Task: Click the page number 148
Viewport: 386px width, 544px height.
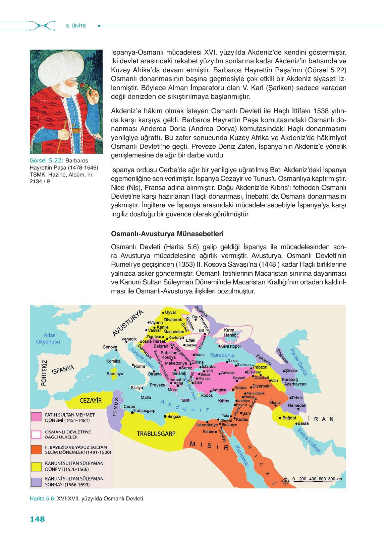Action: click(x=37, y=519)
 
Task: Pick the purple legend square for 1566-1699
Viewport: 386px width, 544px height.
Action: click(x=36, y=481)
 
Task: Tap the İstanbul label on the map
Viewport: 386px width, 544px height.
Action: click(x=210, y=366)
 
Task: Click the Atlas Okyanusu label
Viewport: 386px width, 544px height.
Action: click(x=48, y=338)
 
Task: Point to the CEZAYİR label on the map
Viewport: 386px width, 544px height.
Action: click(x=91, y=400)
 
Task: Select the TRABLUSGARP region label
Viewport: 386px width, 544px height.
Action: click(x=156, y=433)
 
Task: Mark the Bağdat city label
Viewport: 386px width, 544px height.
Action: click(x=289, y=418)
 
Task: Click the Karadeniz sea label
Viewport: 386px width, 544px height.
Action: click(x=222, y=354)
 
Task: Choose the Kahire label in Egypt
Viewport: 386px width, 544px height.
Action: click(x=208, y=431)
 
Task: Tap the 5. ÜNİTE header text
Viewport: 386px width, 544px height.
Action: click(x=76, y=26)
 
